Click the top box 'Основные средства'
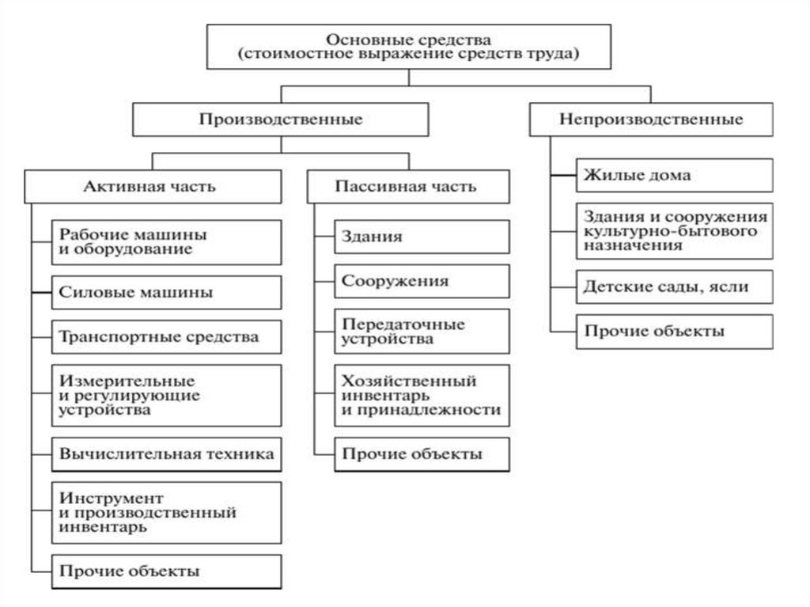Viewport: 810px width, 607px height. (409, 47)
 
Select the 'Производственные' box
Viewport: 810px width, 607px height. (281, 120)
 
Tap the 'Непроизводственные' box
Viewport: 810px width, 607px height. (651, 120)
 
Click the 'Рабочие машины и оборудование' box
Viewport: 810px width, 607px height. (166, 242)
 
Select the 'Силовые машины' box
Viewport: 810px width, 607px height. (166, 292)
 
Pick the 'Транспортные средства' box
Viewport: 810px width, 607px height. (166, 337)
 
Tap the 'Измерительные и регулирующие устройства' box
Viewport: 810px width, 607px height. (166, 395)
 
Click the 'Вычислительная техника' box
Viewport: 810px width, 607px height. (166, 454)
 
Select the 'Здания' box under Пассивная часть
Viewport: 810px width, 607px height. (422, 237)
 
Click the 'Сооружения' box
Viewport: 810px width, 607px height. (422, 281)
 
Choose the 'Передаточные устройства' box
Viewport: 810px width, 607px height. (422, 332)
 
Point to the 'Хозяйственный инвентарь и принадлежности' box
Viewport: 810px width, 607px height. (422, 395)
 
